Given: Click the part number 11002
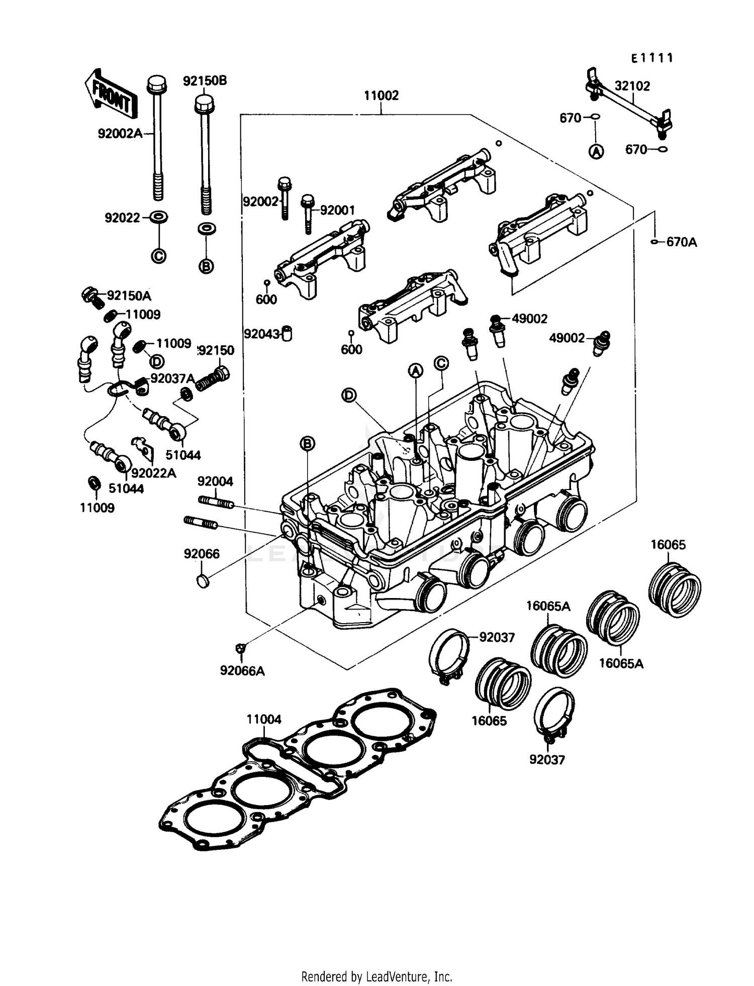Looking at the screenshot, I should [x=381, y=95].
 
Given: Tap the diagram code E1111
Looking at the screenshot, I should [x=652, y=58].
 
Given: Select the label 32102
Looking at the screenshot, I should [x=632, y=86].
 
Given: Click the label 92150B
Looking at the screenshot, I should [x=205, y=81].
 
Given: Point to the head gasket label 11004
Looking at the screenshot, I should [x=264, y=720].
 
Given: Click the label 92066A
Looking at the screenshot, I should [x=242, y=671].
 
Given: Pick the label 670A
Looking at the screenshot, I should [x=682, y=242].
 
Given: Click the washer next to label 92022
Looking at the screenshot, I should [x=159, y=218].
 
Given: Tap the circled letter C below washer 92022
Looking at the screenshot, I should [x=158, y=256].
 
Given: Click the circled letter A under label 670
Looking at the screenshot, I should [x=596, y=151].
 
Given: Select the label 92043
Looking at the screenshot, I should [x=261, y=334].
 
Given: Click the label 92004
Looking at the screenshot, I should [x=215, y=481].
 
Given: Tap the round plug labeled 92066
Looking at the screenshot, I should [x=203, y=581].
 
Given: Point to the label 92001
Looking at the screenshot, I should [x=337, y=211].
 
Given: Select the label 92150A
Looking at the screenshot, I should [x=129, y=295].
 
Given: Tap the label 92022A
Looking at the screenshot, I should [x=153, y=473].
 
